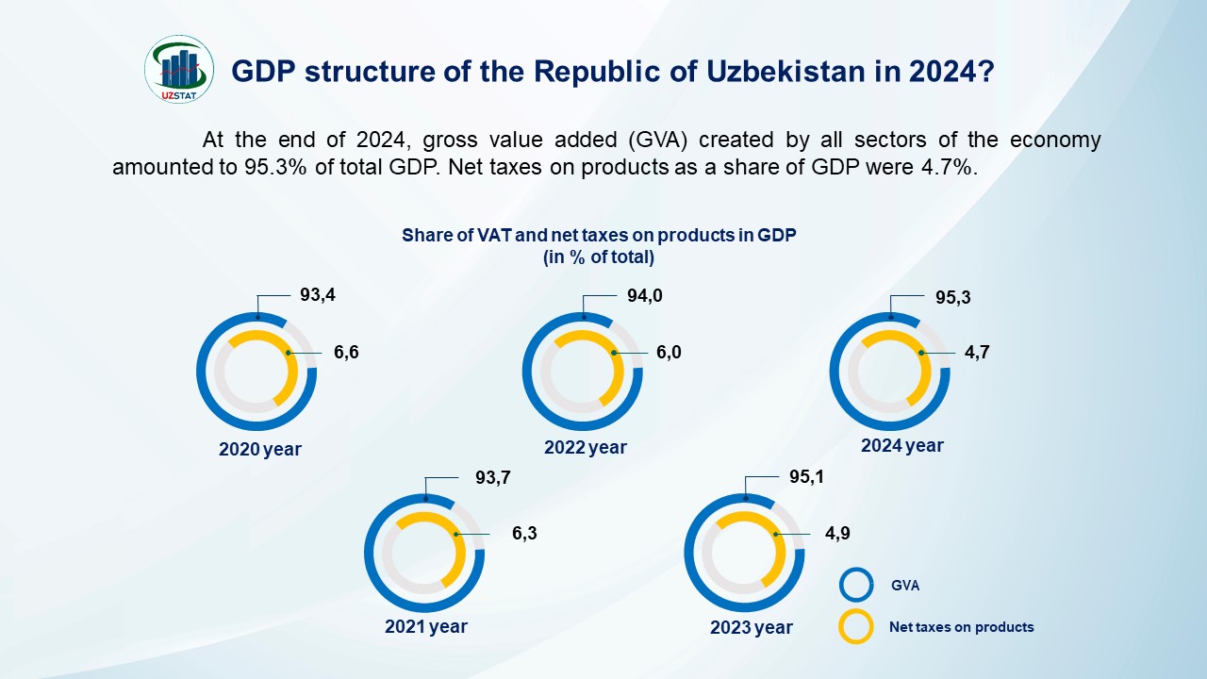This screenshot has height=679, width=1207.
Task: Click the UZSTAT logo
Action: [179, 69]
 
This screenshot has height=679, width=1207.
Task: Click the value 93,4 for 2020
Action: [318, 295]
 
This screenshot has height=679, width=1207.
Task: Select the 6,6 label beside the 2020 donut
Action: [346, 353]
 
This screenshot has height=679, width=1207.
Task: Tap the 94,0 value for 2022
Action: [645, 296]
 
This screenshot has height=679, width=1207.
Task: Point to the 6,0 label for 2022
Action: [668, 353]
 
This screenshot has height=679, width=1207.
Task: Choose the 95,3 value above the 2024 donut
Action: [953, 298]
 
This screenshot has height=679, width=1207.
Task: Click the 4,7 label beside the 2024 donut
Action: [976, 353]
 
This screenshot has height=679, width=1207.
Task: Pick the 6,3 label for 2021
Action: [524, 534]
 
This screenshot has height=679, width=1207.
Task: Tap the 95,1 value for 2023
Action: [806, 477]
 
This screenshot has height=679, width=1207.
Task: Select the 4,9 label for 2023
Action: [838, 534]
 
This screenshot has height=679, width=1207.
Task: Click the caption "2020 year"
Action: [260, 450]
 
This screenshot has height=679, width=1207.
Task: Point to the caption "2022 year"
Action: [585, 448]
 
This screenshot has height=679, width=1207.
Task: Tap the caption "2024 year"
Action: [901, 445]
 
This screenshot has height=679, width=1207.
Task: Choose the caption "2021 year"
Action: [425, 626]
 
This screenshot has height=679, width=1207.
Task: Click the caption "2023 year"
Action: [752, 628]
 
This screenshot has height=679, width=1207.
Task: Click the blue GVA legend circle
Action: [856, 585]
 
